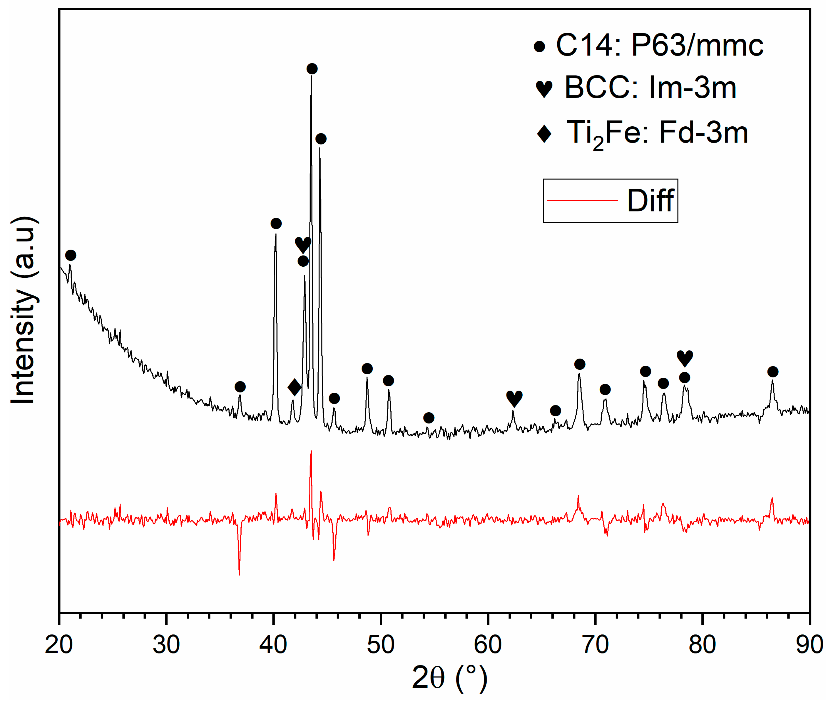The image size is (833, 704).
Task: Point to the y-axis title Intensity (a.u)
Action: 24,310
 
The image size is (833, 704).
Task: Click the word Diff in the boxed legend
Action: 650,201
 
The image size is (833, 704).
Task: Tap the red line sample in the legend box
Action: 582,200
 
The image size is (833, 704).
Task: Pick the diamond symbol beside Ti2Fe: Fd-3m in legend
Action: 544,133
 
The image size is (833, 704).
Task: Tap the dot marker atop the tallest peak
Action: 312,69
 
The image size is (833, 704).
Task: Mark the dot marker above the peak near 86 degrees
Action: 773,371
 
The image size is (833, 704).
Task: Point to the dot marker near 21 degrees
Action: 70,255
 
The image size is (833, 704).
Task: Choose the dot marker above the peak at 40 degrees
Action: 276,223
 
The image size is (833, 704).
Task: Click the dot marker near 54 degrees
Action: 429,418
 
